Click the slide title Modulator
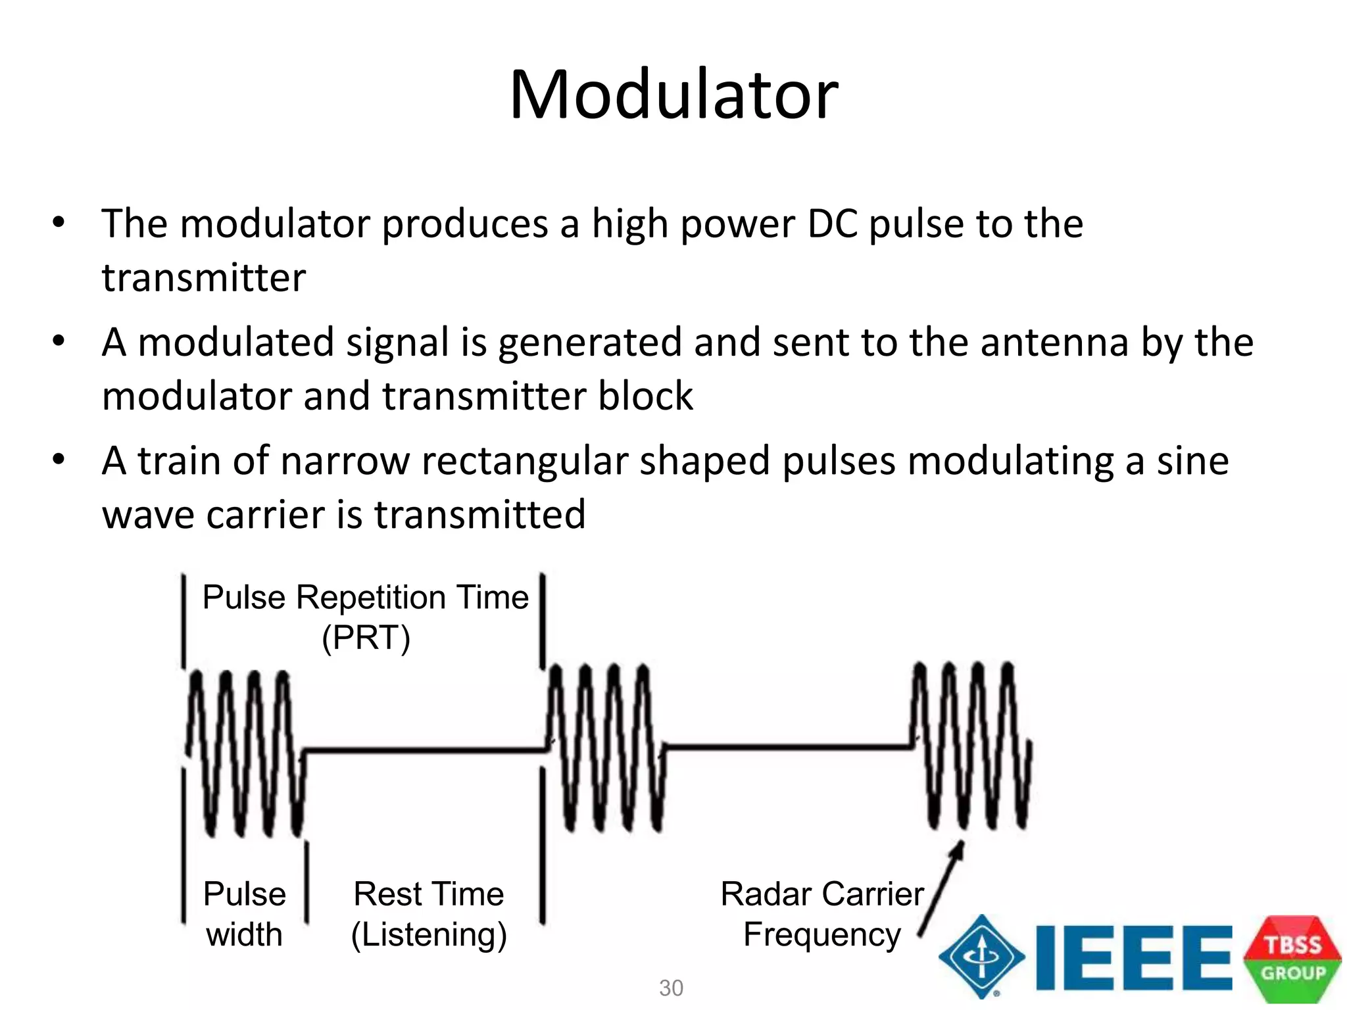[x=673, y=95]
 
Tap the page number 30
[x=671, y=988]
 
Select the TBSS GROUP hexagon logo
[x=1292, y=959]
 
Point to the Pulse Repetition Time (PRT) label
[x=366, y=617]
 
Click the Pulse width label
[x=244, y=914]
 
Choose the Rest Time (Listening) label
[x=429, y=914]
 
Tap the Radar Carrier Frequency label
[x=822, y=914]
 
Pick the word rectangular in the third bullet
[x=524, y=461]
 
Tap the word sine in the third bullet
[x=1192, y=461]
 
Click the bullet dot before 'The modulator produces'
[x=59, y=222]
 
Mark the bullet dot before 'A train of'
[x=59, y=460]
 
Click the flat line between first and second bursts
[x=424, y=750]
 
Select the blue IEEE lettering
[x=1133, y=957]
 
